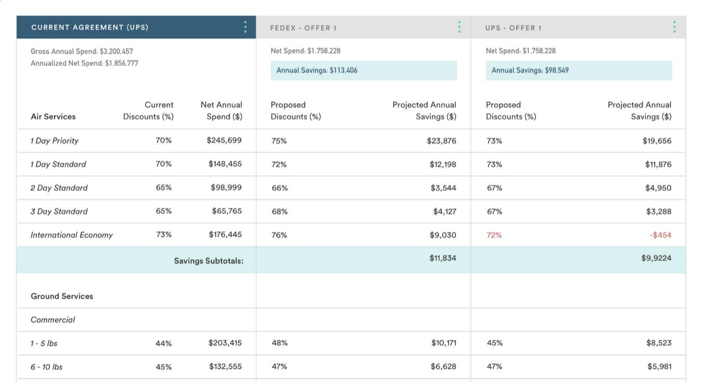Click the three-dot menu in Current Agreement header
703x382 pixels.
(x=246, y=27)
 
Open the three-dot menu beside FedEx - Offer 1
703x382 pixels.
(x=459, y=27)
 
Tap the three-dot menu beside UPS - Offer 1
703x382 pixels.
(x=674, y=27)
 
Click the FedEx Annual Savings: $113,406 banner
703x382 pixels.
(x=363, y=70)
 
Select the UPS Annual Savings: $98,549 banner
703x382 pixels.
(x=578, y=70)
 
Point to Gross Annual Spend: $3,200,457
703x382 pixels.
(x=82, y=51)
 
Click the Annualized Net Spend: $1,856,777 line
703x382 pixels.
(x=84, y=63)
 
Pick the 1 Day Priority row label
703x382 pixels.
(x=54, y=141)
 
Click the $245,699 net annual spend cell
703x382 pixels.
(x=224, y=140)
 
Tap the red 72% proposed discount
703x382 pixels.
(x=494, y=235)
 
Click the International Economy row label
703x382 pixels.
(x=71, y=235)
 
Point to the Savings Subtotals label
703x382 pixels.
(x=208, y=261)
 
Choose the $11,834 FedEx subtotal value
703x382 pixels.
(x=442, y=258)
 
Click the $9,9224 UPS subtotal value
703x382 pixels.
(x=656, y=258)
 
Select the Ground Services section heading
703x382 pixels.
(x=62, y=296)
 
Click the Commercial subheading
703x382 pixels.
(x=53, y=320)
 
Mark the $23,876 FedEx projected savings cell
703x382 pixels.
(x=441, y=141)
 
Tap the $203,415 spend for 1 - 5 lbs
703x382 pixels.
(x=225, y=343)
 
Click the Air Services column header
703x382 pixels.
(x=53, y=117)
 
